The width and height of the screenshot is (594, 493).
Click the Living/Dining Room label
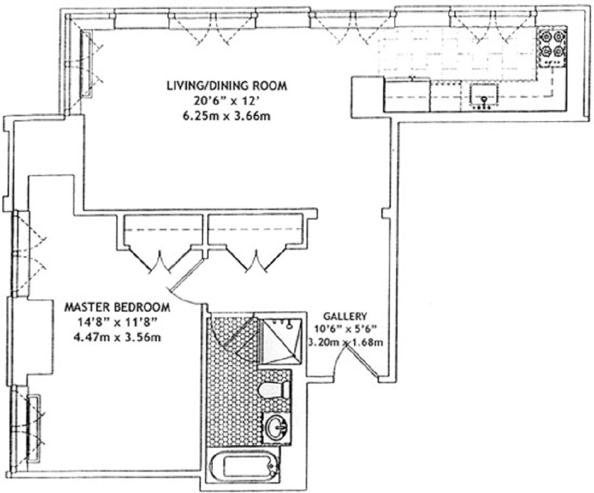227,86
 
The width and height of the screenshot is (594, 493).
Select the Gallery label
345,316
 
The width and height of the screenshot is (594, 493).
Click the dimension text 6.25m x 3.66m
227,115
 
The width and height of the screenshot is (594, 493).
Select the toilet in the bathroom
274,390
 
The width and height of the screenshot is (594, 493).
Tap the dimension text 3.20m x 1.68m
345,342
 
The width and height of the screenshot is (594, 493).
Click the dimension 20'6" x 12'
227,101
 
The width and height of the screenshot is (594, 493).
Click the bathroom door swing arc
229,333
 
